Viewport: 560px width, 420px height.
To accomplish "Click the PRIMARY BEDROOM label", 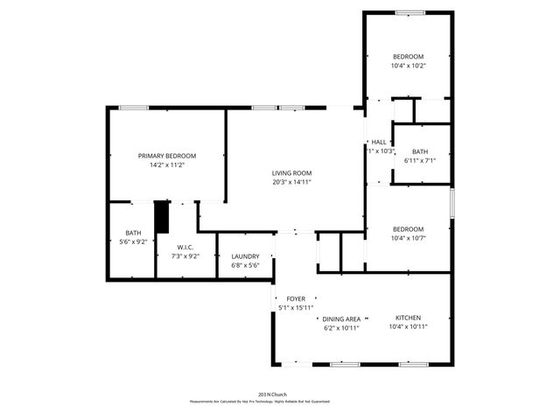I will [166, 155].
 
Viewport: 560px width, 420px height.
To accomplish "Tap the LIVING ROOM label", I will [291, 172].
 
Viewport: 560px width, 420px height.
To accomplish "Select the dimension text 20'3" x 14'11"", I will [291, 182].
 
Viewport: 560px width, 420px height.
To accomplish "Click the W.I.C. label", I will [185, 247].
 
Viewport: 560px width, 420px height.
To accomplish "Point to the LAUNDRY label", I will [245, 256].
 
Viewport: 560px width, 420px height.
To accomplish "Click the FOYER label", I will [296, 298].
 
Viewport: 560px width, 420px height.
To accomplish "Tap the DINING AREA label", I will [341, 318].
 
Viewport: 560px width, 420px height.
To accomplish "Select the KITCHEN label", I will [408, 317].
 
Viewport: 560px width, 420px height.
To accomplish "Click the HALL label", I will [379, 142].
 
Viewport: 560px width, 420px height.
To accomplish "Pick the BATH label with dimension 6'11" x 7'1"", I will [420, 150].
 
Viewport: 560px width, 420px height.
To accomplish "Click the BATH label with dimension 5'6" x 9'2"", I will [133, 232].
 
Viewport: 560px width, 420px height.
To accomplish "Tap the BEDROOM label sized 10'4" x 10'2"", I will [408, 55].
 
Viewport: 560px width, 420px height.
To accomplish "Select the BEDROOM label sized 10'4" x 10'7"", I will [408, 229].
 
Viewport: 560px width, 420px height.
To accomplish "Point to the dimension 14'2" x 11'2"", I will [166, 164].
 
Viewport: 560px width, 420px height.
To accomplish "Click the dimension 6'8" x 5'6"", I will [245, 265].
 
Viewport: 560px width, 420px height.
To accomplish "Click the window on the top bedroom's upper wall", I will [408, 12].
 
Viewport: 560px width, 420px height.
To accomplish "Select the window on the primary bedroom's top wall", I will [133, 108].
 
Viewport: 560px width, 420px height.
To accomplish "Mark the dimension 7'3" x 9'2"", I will [185, 256].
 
